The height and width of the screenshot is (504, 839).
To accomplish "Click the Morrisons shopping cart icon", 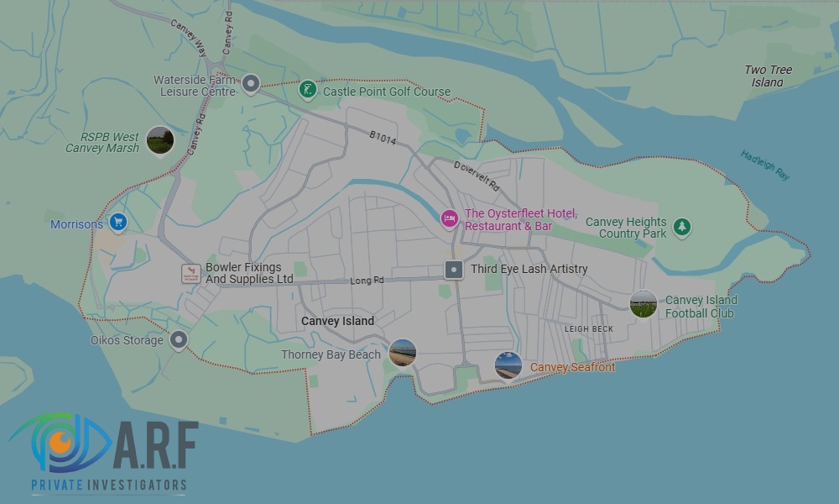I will pyautogui.click(x=118, y=223).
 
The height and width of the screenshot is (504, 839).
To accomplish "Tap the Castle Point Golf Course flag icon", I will pyautogui.click(x=309, y=90).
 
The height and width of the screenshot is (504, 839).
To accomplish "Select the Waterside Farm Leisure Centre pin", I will pyautogui.click(x=250, y=84).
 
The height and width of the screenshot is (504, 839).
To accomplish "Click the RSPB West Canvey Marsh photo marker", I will pyautogui.click(x=159, y=140).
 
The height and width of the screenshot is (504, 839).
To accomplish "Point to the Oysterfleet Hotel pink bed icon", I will pyautogui.click(x=450, y=218).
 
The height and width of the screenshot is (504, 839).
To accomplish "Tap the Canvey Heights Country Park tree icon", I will pyautogui.click(x=683, y=226).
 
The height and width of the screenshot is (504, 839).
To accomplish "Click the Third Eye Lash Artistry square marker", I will pyautogui.click(x=453, y=270).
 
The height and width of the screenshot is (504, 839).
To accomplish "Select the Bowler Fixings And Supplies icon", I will pyautogui.click(x=191, y=273).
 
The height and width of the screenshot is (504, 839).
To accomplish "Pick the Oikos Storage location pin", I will pyautogui.click(x=178, y=339).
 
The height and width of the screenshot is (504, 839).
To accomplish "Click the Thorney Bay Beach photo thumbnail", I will pyautogui.click(x=403, y=353).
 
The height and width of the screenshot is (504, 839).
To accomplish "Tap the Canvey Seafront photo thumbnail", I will pyautogui.click(x=508, y=365).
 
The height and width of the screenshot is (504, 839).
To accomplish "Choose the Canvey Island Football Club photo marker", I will pyautogui.click(x=644, y=304).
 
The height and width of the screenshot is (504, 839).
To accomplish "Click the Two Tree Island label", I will pyautogui.click(x=768, y=76).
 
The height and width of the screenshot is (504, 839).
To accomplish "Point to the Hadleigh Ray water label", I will pyautogui.click(x=764, y=165).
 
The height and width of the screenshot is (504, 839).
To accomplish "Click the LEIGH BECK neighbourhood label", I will pyautogui.click(x=588, y=329).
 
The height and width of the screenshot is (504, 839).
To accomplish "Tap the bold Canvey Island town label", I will pyautogui.click(x=337, y=321).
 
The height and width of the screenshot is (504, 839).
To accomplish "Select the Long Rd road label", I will pyautogui.click(x=367, y=281).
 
